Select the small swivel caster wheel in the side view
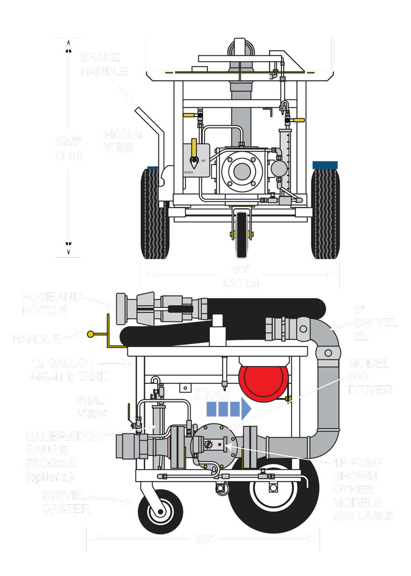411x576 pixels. tap(160, 512)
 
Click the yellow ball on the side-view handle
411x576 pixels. tap(90, 334)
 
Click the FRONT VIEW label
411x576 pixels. tap(123, 141)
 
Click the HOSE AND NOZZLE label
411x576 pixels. tap(52, 303)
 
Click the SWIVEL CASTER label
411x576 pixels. tap(66, 502)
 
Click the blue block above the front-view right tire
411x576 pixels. tap(325, 165)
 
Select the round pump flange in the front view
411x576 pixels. tap(242, 171)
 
